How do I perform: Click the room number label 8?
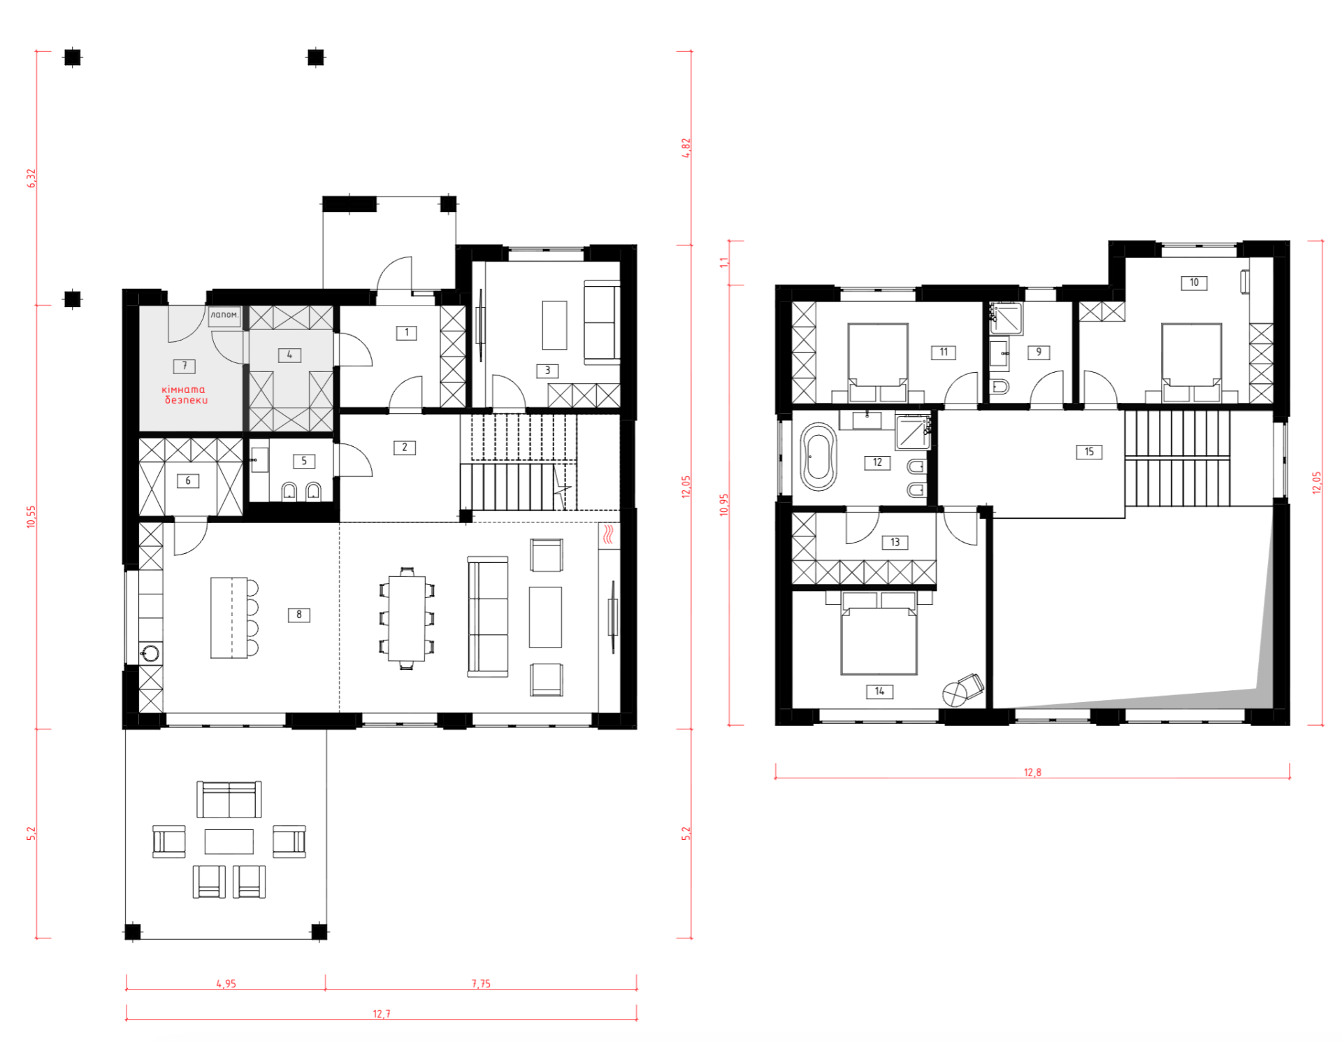coord(298,615)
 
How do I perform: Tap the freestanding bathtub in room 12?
coord(818,457)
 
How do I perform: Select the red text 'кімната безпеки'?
coord(185,394)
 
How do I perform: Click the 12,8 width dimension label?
coord(1032,772)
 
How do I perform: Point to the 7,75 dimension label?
coord(481,983)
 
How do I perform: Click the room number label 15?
coord(1089,452)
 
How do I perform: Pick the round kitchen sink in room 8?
coord(150,654)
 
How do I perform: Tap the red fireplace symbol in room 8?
coord(609,534)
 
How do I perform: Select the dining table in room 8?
coord(407,618)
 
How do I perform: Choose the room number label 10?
coord(1194,283)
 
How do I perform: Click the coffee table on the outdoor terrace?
coord(229,841)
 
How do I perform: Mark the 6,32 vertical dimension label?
coord(31,178)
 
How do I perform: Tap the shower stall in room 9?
coord(1006,318)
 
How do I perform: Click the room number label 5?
coord(303,461)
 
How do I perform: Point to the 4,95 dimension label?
coord(226,983)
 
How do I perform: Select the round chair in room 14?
coord(954,694)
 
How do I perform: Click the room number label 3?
coord(547,371)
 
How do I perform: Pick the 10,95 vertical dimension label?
coord(723,505)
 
